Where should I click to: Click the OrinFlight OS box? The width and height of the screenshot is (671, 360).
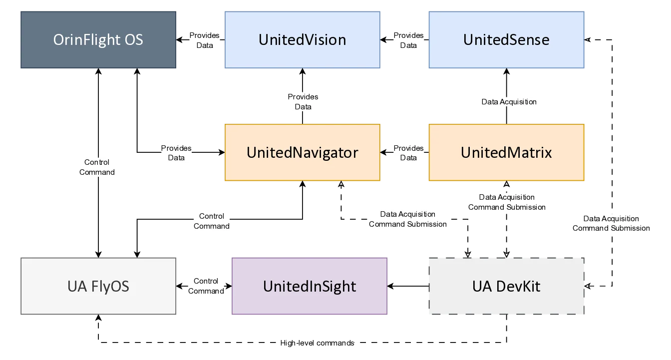coord(99,40)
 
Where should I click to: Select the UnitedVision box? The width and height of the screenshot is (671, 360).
coord(302,40)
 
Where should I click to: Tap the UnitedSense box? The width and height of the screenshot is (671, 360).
coord(506,40)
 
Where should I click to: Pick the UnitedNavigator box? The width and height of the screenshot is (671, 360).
coord(302,152)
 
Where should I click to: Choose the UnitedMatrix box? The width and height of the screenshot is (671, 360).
coord(506,152)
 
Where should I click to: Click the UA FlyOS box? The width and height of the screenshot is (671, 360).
coord(98,286)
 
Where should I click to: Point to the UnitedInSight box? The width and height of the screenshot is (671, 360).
coord(310,286)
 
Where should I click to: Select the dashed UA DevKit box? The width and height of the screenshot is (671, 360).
coord(506,286)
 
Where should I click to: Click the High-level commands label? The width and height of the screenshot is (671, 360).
coord(317,343)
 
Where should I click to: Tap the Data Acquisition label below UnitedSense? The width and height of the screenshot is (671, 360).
coord(509,102)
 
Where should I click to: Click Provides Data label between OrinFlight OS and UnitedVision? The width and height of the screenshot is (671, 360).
coord(204,40)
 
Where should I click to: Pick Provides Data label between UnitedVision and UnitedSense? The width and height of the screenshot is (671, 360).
coord(408,40)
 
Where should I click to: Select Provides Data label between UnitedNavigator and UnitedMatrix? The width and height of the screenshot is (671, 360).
coord(408,153)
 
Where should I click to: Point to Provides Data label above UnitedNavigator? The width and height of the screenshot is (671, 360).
coord(303,101)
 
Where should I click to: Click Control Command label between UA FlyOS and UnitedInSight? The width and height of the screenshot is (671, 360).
coord(206,286)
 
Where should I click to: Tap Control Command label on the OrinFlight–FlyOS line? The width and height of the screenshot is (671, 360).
coord(97,167)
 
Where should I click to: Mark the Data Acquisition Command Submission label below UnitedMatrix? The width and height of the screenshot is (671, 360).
coord(507,202)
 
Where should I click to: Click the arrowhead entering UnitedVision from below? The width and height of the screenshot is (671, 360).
coord(302,73)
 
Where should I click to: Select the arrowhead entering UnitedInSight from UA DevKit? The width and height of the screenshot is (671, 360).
coord(392,286)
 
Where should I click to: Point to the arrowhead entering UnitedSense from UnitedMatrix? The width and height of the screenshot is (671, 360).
coord(506,73)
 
